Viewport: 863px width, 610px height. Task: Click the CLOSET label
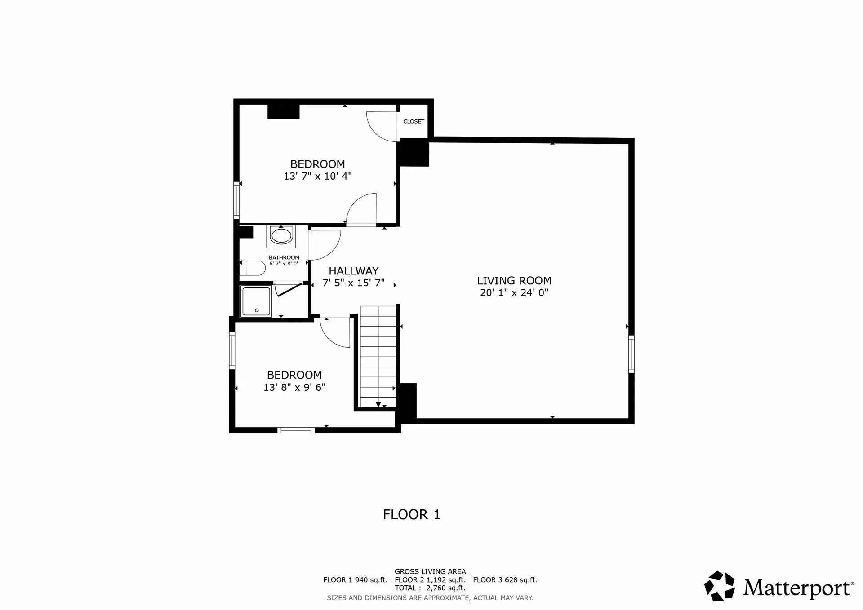click(414, 121)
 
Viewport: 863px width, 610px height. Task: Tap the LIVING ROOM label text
click(514, 281)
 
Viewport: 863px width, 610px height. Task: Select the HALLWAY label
click(353, 271)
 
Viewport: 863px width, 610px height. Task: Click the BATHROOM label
click(284, 257)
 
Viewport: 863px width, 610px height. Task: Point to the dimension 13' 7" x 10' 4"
click(317, 176)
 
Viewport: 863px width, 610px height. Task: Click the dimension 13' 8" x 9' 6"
click(294, 387)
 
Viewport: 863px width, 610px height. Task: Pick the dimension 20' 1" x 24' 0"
click(514, 293)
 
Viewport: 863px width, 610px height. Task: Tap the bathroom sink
click(281, 236)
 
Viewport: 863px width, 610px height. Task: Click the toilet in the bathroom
click(252, 268)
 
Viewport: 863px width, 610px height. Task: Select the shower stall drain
click(257, 310)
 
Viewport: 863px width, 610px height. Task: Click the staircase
click(378, 357)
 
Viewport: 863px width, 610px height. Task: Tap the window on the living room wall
click(631, 354)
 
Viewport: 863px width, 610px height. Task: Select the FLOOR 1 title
click(411, 514)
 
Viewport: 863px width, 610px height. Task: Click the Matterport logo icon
click(719, 586)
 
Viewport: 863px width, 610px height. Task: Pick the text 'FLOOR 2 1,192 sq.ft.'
click(430, 580)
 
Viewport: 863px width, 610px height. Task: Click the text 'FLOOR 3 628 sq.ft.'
click(505, 580)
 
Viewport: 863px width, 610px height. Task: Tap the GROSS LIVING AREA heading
click(430, 572)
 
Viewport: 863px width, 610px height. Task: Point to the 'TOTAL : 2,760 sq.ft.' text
click(430, 588)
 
